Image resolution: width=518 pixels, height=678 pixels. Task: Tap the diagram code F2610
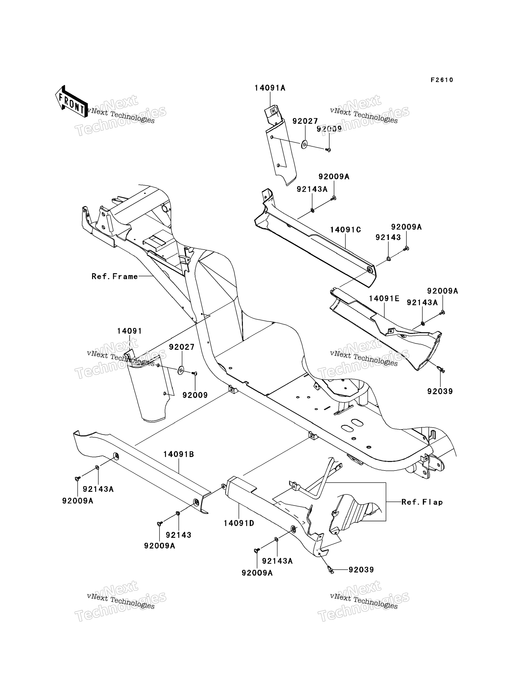pos(442,80)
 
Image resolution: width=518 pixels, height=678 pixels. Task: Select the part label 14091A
pos(270,88)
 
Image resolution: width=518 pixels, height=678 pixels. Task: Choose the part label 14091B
pos(179,454)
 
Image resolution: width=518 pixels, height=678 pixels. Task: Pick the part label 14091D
pos(239,523)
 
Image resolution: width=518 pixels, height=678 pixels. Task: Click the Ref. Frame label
pos(115,276)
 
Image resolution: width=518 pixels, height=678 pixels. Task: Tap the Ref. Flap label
pos(422,502)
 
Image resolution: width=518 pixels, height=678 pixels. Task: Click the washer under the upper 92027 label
pos(304,144)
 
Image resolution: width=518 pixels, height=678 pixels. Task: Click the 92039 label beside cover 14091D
pos(361,570)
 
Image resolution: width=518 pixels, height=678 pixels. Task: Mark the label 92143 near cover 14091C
pos(388,237)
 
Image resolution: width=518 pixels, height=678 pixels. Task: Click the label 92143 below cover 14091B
pos(179,535)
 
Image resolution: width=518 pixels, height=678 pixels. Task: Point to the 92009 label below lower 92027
pos(195,395)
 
